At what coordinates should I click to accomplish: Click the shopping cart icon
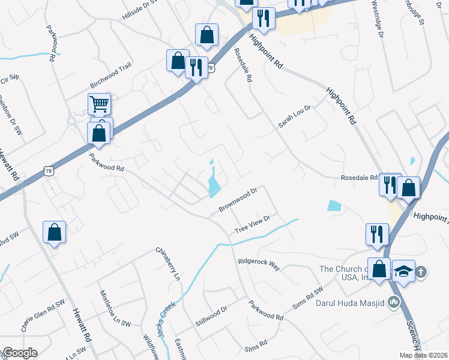tap(99, 104)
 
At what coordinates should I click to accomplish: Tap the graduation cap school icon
tap(404, 271)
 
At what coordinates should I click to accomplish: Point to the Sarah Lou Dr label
tap(294, 116)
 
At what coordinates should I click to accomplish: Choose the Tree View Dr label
tap(253, 224)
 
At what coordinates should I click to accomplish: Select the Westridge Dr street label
tap(376, 19)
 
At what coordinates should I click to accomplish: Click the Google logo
tap(19, 353)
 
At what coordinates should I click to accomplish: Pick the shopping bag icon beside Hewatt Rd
tap(54, 232)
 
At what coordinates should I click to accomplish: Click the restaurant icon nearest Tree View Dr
tap(377, 233)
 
